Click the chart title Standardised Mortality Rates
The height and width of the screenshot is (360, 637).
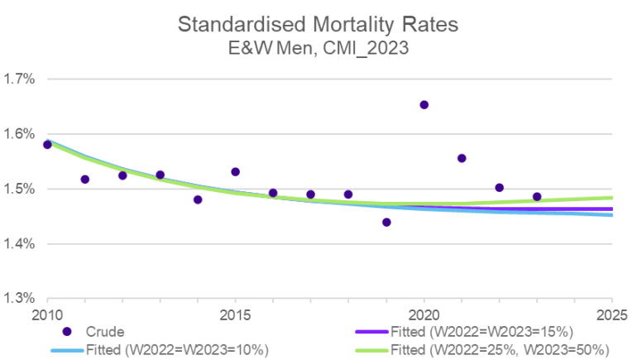[x=318, y=24]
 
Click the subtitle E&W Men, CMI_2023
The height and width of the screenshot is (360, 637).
[x=318, y=49]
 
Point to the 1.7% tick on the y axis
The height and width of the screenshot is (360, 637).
[x=19, y=80]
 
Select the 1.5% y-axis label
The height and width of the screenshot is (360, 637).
[x=19, y=190]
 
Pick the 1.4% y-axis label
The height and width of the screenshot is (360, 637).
[x=19, y=244]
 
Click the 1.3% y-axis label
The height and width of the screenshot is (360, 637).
[x=19, y=299]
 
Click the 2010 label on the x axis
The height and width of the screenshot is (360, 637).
[x=47, y=315]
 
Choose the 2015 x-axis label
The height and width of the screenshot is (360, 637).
[x=236, y=315]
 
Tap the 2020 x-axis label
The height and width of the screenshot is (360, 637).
[x=424, y=315]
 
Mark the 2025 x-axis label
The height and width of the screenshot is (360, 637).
[x=611, y=315]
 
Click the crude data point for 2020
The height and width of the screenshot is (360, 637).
[x=424, y=105]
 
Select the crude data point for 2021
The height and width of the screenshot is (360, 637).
[x=462, y=158]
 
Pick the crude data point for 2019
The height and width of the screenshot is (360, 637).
[x=386, y=222]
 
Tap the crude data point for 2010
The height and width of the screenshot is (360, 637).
[x=47, y=145]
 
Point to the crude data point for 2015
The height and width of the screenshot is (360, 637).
[x=236, y=172]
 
